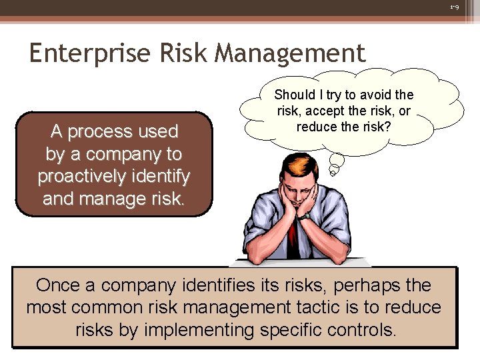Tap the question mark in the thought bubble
[x=387, y=126]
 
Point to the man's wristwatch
[x=305, y=215]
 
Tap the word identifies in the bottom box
[x=216, y=285]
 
